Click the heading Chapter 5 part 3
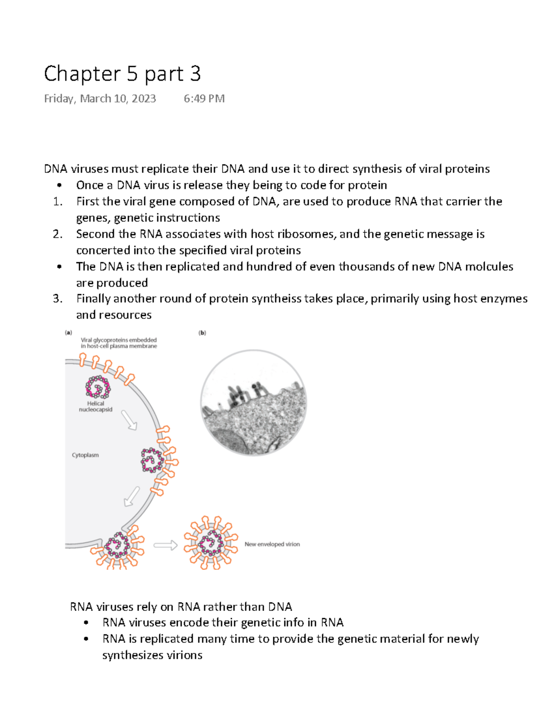(122, 74)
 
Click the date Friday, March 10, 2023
(100, 99)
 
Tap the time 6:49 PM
(204, 99)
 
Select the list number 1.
(57, 202)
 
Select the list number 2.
(57, 234)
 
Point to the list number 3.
(57, 299)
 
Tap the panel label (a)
(68, 332)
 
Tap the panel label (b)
(202, 332)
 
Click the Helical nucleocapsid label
(96, 406)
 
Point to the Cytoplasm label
(85, 455)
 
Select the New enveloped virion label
(272, 544)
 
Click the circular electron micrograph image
(253, 403)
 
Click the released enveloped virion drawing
(211, 543)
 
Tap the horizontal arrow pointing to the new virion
(165, 545)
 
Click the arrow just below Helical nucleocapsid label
(129, 420)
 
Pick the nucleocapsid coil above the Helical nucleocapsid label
(98, 387)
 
